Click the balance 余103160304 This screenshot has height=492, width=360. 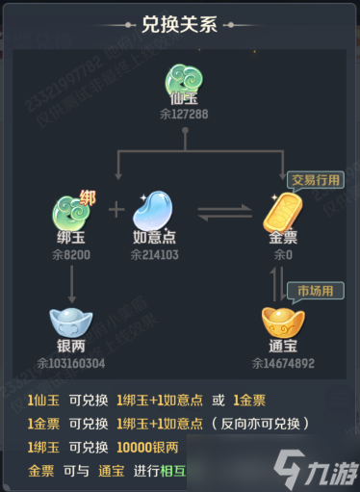[x=73, y=364]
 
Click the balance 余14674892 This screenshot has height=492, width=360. [x=283, y=364]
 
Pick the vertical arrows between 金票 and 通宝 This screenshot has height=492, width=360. [x=276, y=282]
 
